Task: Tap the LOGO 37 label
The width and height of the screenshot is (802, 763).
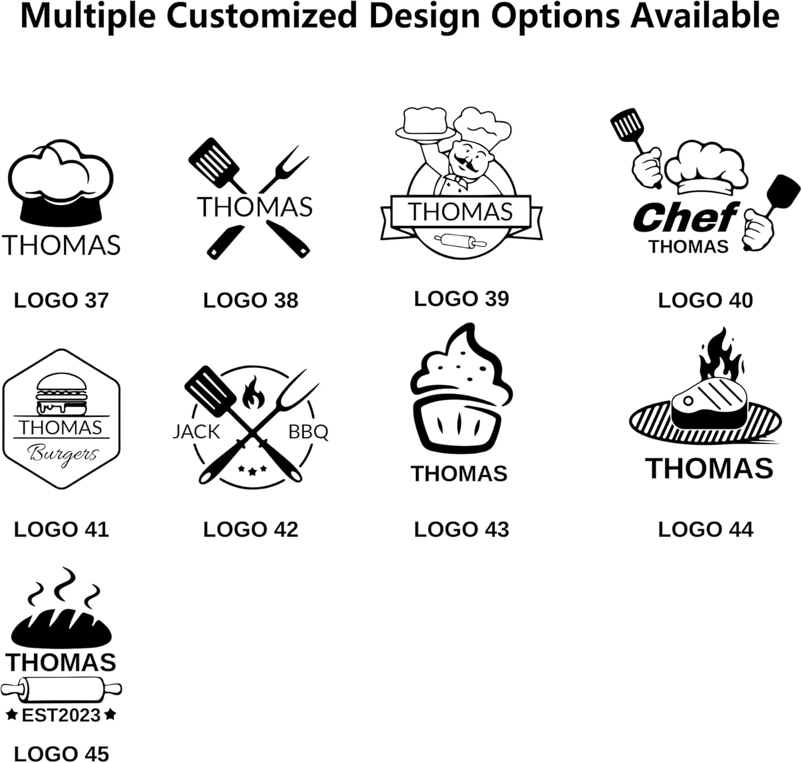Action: pyautogui.click(x=61, y=300)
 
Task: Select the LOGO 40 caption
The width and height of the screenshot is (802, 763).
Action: pyautogui.click(x=705, y=300)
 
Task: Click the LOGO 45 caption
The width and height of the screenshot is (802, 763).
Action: pyautogui.click(x=61, y=753)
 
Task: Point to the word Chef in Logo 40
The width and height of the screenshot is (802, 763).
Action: pyautogui.click(x=685, y=217)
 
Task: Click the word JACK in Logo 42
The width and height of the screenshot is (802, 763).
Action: pyautogui.click(x=196, y=432)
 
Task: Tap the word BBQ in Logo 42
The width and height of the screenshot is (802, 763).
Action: pyautogui.click(x=308, y=432)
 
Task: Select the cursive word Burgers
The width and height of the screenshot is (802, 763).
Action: pyautogui.click(x=63, y=454)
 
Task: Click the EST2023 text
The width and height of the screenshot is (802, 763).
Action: pyautogui.click(x=61, y=715)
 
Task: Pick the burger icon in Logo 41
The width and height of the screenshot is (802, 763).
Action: pyautogui.click(x=61, y=394)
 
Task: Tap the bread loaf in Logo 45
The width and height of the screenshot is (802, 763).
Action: pyautogui.click(x=61, y=628)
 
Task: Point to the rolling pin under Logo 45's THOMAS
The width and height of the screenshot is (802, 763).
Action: pyautogui.click(x=61, y=690)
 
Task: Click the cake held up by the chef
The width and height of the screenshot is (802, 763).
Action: pyautogui.click(x=425, y=122)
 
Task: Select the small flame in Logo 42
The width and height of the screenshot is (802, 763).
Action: pyautogui.click(x=253, y=392)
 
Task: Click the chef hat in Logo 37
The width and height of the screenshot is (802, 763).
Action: pyautogui.click(x=60, y=183)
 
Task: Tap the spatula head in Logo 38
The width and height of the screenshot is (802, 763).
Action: pyautogui.click(x=214, y=163)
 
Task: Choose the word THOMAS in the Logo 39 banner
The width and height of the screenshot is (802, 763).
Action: pyautogui.click(x=460, y=212)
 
